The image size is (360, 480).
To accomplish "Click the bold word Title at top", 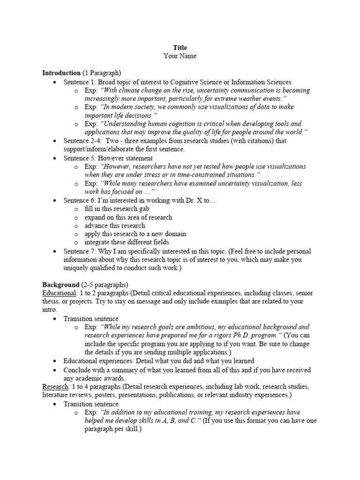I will tap(180, 48).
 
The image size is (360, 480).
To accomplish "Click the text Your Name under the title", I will tap(180, 56).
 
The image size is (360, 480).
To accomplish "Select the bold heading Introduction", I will tap(61, 73).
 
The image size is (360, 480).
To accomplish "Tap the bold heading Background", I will tap(61, 285).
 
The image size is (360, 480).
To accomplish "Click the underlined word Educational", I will tap(59, 293).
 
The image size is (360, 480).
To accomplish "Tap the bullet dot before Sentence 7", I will tap(55, 252).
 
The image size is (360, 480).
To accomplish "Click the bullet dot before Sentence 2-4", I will tap(55, 141).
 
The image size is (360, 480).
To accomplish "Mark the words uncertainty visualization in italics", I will tap(258, 184).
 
